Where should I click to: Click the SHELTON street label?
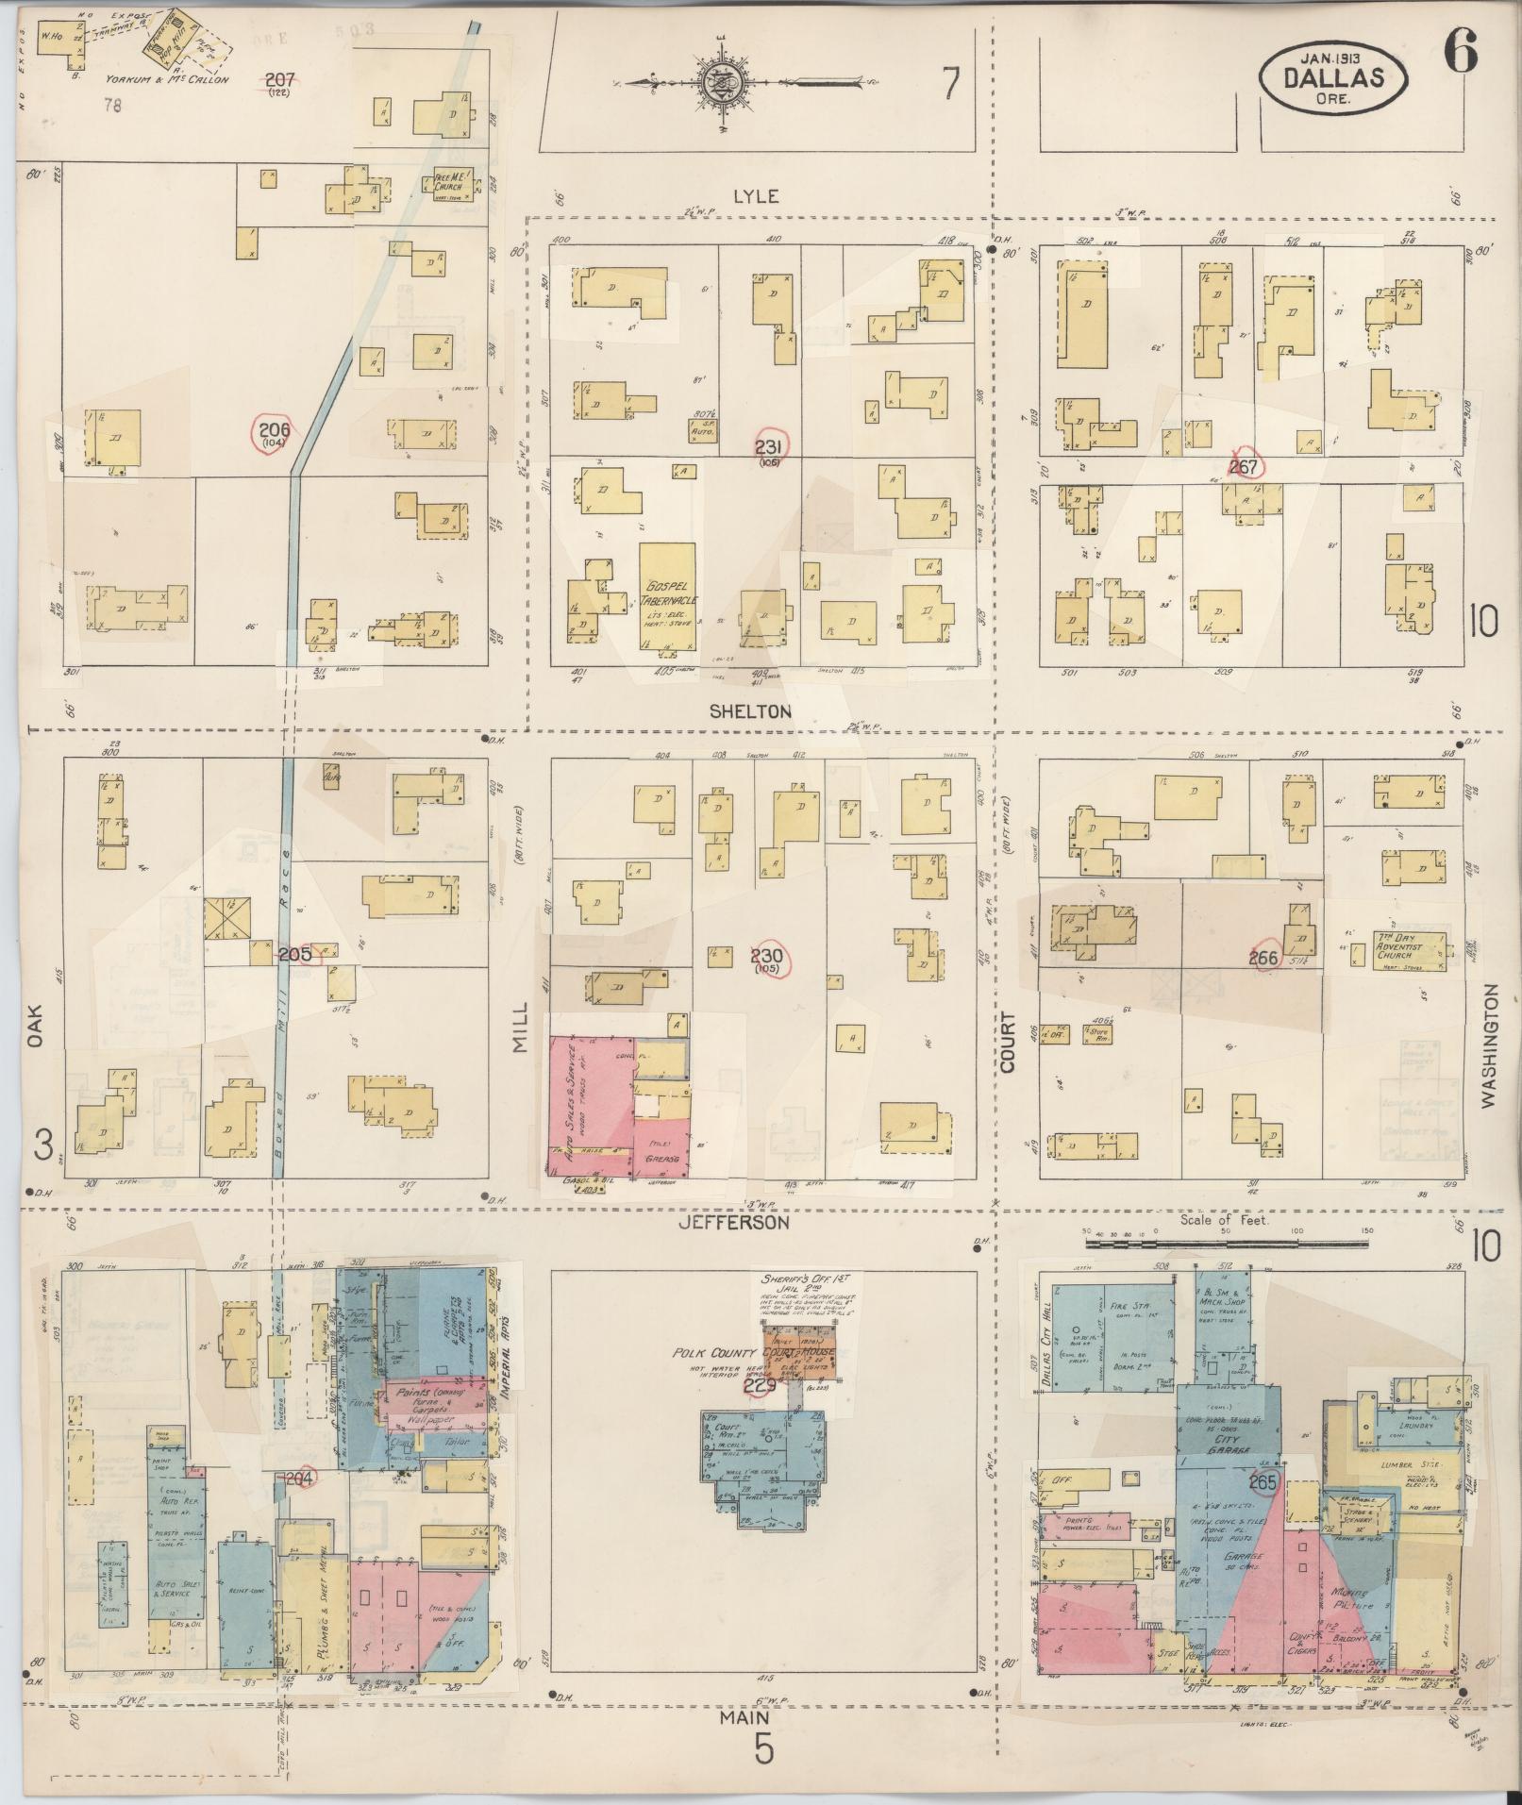(x=751, y=711)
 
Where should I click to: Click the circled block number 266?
(x=1263, y=959)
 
